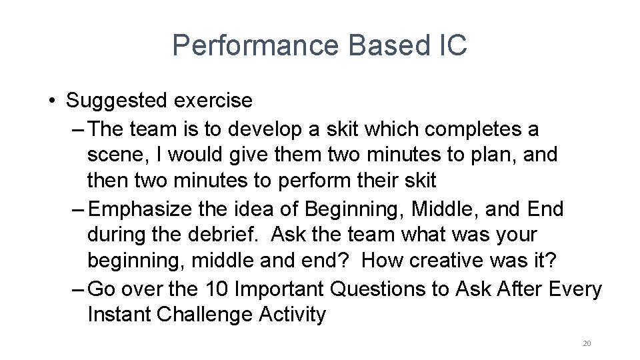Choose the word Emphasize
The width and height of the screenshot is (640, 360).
click(x=141, y=209)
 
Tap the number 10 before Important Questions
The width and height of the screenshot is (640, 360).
click(x=215, y=289)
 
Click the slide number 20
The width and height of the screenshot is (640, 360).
click(x=587, y=343)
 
